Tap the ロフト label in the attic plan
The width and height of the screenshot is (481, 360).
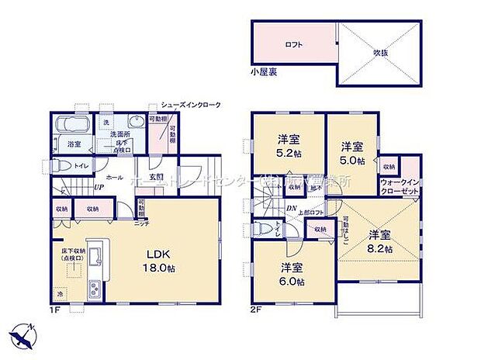tap(293, 45)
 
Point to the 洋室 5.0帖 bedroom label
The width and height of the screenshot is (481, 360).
tap(352, 153)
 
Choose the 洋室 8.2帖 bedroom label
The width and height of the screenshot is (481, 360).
tap(379, 241)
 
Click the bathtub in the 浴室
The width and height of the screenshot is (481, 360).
tap(73, 126)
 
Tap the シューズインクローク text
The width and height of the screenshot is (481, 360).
tap(190, 104)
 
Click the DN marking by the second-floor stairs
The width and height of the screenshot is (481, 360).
tap(290, 207)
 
